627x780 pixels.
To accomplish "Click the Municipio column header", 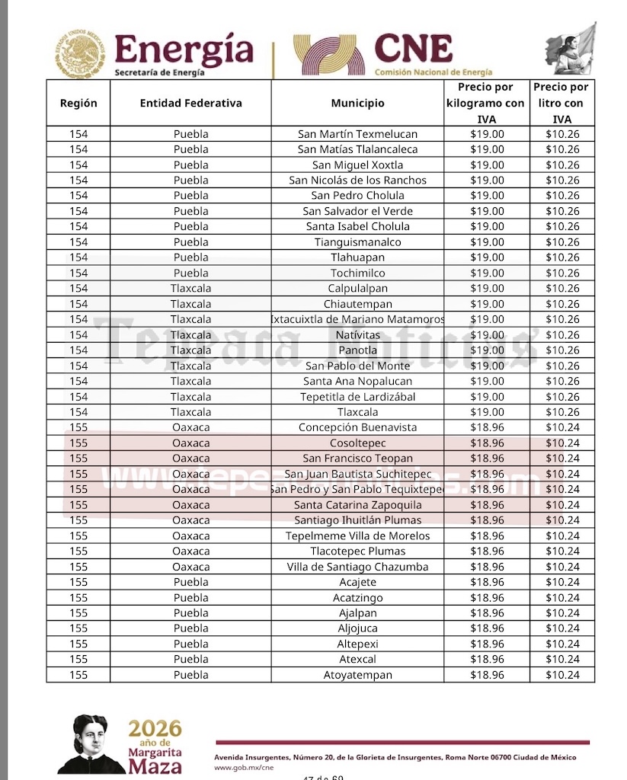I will coord(357,104).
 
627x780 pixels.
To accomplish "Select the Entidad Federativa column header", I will coord(190,104).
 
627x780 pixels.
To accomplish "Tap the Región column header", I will coord(78,104).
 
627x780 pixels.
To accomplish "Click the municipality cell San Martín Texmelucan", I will coord(357,134).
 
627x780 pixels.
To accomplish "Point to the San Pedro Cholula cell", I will coord(357,196).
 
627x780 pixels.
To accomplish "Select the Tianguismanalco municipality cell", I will coord(357,242).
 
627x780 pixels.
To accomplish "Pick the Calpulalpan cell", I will coord(357,289).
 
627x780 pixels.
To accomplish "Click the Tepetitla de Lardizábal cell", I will coord(357,397).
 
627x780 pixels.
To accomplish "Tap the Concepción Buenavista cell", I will coord(357,427).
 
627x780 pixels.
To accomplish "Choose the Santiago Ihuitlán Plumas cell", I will coord(357,520).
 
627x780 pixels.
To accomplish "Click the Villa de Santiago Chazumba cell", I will coord(357,567).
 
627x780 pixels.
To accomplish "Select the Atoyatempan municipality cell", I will coord(357,675).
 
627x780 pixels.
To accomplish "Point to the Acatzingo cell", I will coord(357,598).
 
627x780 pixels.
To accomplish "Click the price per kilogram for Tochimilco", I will coord(487,273).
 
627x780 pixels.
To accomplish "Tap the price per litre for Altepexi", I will coord(562,644).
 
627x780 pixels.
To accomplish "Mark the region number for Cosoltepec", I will coord(78,443).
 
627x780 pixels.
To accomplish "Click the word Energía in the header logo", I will coord(184,50).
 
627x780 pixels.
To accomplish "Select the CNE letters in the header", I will coord(413,50).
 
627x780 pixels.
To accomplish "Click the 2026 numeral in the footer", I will coord(155,727).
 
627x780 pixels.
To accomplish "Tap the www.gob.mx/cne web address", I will coord(243,768).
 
